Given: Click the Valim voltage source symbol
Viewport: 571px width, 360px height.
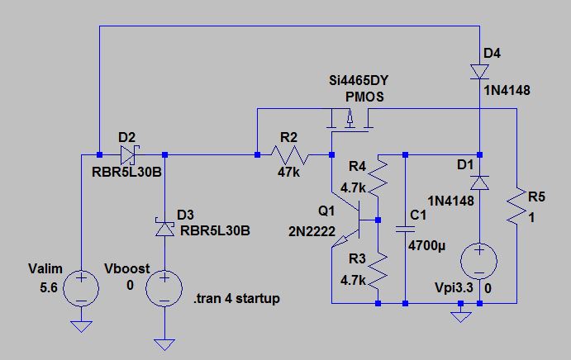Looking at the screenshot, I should (x=82, y=288).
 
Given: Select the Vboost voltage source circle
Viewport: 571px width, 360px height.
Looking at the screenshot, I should (x=165, y=288).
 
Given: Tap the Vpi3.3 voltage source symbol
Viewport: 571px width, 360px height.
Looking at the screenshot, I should (x=480, y=261).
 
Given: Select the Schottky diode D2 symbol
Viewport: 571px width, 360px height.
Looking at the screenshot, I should (x=128, y=154).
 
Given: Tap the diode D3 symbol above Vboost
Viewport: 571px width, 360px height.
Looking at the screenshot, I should (x=165, y=222).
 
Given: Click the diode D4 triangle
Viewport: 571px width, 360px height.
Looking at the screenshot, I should (x=480, y=72).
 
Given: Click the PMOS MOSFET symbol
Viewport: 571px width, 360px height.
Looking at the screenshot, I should (x=350, y=121).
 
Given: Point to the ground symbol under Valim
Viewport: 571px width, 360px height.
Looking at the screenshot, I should (x=82, y=327).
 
